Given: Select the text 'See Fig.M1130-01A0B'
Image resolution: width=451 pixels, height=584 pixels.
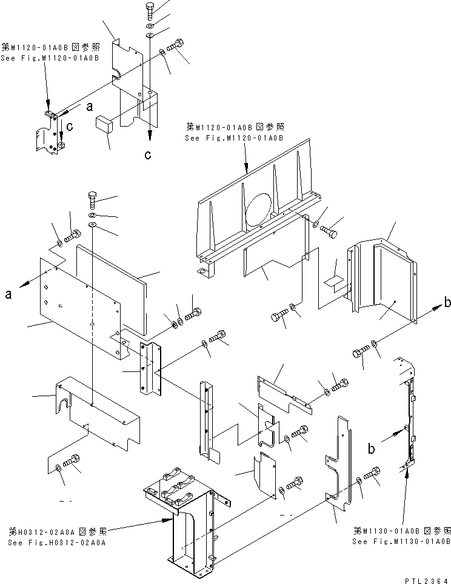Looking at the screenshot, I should (x=401, y=541).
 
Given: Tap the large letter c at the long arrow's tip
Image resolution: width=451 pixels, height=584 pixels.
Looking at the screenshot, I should (x=147, y=154).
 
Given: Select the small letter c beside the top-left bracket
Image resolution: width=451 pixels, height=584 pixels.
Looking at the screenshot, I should (x=70, y=127).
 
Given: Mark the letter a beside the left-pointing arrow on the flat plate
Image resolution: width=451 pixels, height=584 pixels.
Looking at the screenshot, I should (x=8, y=294).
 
